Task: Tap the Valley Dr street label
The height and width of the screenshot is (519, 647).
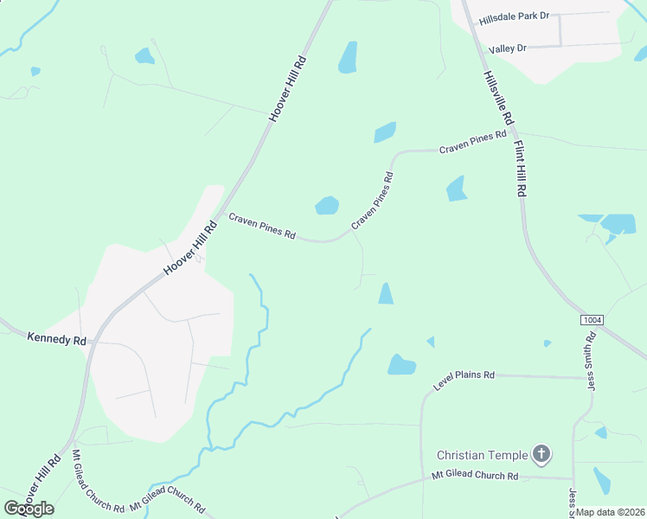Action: tap(508, 48)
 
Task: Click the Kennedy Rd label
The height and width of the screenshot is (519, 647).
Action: tap(57, 339)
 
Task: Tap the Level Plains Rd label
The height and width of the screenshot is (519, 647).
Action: tap(464, 381)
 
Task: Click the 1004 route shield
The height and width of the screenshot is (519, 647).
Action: tap(592, 320)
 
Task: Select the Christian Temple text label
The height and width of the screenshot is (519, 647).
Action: tap(482, 454)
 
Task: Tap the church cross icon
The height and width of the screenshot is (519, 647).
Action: tap(541, 453)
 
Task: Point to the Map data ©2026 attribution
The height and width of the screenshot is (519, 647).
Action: tap(611, 512)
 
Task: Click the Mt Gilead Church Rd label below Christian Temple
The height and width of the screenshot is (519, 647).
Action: tap(475, 477)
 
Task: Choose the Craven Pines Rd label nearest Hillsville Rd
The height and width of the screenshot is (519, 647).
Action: tap(472, 143)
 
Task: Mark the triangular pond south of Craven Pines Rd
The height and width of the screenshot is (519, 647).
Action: tap(385, 294)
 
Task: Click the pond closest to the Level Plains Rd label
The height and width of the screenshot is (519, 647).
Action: tap(401, 365)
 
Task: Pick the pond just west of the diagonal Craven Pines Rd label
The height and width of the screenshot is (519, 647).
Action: tap(327, 205)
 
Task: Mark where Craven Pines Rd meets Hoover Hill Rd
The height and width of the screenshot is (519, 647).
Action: tap(222, 210)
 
